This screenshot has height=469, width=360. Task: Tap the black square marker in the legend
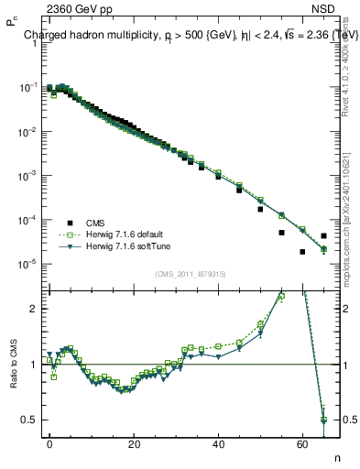pos(69,223)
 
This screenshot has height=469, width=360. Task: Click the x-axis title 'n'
pos(336,457)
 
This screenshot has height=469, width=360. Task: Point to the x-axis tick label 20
pos(134,442)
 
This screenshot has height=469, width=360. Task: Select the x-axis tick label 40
pos(218,442)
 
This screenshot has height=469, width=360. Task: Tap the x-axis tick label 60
pos(302,442)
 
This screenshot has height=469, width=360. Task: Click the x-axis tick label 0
pos(49,442)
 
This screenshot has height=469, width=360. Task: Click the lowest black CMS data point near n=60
pos(302,252)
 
